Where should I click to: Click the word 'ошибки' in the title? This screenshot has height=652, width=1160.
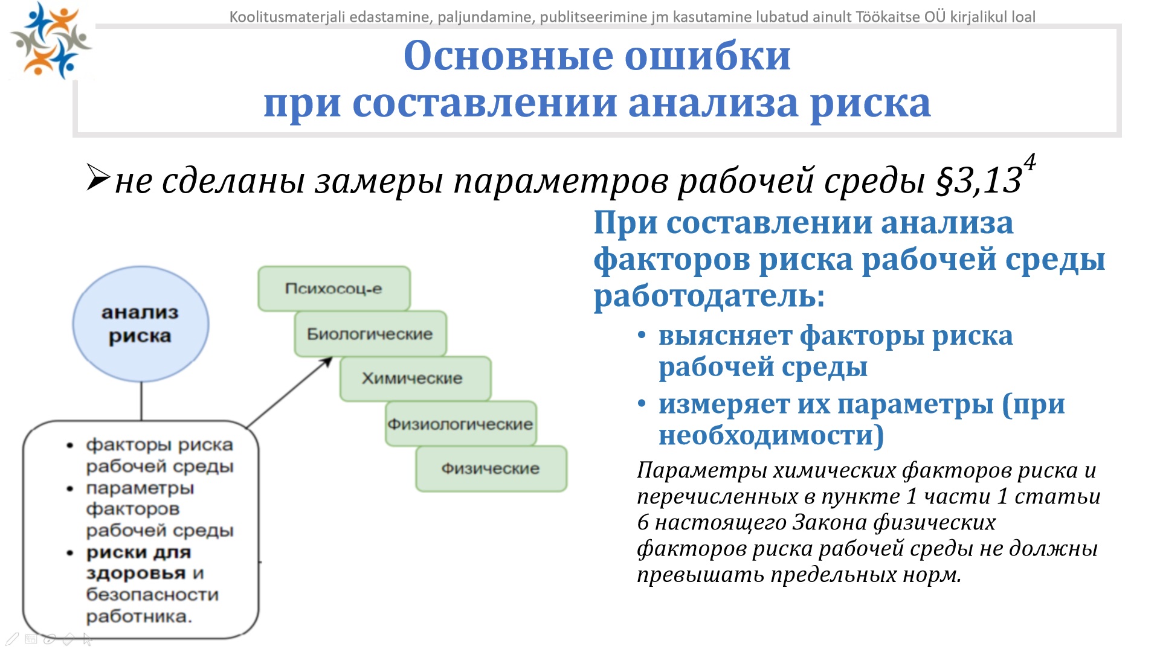tap(707, 56)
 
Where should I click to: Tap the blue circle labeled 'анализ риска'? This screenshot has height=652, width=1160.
tap(141, 324)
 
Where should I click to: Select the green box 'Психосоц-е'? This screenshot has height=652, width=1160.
tap(334, 289)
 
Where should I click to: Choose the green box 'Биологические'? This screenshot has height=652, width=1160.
tap(370, 334)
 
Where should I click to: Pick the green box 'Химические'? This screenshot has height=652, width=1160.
tap(416, 379)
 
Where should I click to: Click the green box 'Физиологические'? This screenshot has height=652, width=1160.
tap(461, 424)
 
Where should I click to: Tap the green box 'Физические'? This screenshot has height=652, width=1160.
tap(491, 468)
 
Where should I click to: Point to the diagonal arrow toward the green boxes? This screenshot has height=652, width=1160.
tap(290, 392)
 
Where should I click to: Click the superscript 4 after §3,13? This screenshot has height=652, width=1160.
tap(1029, 162)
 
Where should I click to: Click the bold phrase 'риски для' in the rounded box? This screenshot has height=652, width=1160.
tap(138, 552)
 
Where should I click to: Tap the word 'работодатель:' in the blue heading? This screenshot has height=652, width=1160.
tap(709, 296)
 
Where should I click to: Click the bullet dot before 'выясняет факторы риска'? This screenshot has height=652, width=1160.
tap(642, 336)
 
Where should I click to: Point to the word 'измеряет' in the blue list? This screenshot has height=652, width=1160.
tap(724, 404)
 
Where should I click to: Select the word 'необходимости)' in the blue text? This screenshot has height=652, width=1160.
tap(771, 435)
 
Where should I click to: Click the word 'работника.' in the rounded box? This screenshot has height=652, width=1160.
tap(139, 617)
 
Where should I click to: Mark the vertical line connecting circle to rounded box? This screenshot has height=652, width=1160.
tap(141, 401)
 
